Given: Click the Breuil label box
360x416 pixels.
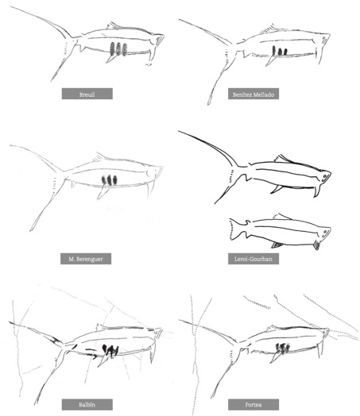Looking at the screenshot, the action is click(87, 94).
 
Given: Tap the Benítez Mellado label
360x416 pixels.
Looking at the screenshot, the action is click(254, 94).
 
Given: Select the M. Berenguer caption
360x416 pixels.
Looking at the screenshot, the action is click(86, 259).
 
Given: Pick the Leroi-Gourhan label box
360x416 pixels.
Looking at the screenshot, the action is click(254, 259).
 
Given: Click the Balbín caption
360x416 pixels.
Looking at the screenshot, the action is click(87, 405).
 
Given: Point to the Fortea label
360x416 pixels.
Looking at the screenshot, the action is click(254, 405).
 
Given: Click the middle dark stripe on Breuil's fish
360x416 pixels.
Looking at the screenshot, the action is click(118, 48).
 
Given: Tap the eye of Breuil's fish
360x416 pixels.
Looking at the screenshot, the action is click(158, 40).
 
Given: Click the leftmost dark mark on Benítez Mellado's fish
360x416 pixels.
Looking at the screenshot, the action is click(274, 50).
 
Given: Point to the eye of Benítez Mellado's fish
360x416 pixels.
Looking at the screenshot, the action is click(324, 40).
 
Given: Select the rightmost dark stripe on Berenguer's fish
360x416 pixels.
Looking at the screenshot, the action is click(114, 180).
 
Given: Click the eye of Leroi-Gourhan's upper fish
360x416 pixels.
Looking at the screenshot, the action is click(324, 176).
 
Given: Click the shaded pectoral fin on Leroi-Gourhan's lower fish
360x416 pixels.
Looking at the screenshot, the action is click(316, 245).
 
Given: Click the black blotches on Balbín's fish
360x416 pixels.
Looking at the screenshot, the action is click(110, 350).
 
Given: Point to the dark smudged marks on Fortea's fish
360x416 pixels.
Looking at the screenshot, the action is click(282, 348).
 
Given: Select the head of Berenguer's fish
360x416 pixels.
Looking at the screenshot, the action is click(154, 172).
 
